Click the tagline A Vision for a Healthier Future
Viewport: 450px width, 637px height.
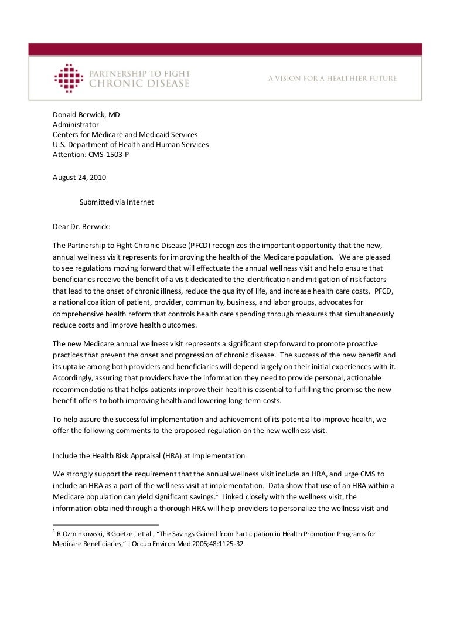(x=332, y=78)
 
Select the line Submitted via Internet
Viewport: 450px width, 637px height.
(x=117, y=202)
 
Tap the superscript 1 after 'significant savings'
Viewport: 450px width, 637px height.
(x=216, y=493)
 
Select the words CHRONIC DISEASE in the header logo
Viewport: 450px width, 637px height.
(x=139, y=84)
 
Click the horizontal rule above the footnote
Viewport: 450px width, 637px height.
(x=105, y=524)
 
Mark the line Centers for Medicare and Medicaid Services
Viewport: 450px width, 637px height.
(x=125, y=135)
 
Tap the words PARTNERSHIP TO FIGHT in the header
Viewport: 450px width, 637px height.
(x=139, y=73)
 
